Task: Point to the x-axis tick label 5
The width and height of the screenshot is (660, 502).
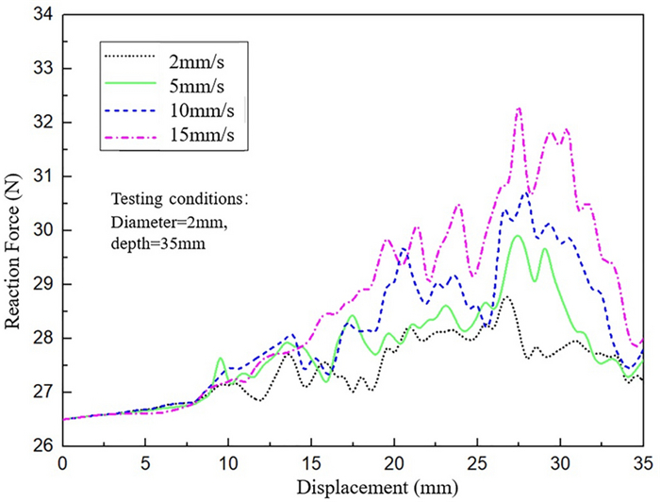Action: [x=145, y=463]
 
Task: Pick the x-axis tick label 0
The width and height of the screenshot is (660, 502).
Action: [x=62, y=463]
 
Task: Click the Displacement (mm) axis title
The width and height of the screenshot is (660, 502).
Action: [x=352, y=487]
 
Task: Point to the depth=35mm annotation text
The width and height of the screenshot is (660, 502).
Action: [x=152, y=243]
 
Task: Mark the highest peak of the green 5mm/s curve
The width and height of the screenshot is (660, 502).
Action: [x=517, y=236]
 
